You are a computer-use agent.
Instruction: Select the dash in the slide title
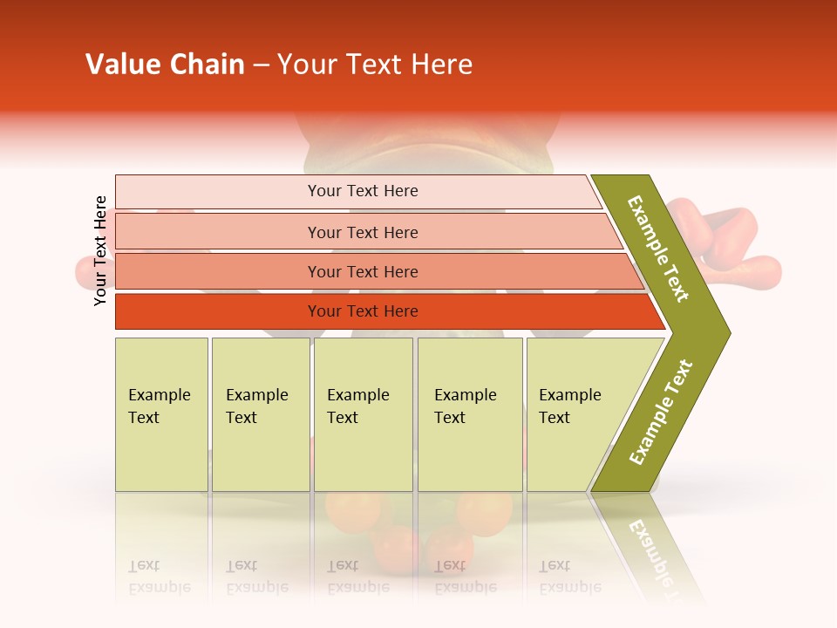click(261, 65)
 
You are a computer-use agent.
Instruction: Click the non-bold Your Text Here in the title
click(375, 65)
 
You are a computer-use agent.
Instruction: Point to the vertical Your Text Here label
click(100, 250)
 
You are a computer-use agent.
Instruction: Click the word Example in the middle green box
click(357, 395)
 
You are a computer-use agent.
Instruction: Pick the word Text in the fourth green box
click(450, 418)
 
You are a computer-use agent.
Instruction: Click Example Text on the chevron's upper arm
click(658, 249)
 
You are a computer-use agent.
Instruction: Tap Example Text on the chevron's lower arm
click(661, 413)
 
